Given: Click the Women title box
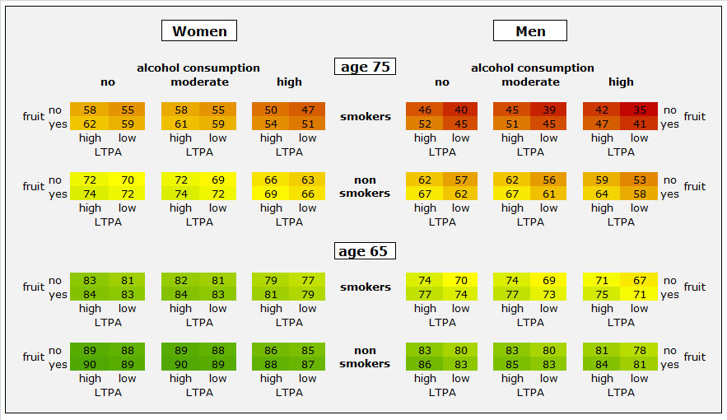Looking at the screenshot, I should (199, 31).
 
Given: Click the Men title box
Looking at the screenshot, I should (530, 31).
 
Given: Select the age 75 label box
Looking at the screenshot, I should (365, 67).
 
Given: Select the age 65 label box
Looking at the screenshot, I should (365, 251).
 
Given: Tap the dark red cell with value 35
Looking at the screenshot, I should (639, 110).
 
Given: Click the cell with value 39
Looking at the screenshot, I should (549, 110).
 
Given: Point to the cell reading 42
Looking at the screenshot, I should (602, 110).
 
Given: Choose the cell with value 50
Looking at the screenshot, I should (271, 110).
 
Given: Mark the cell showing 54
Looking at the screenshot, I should (271, 124).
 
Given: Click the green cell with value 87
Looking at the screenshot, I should (308, 365).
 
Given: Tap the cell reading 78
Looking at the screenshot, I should (639, 350).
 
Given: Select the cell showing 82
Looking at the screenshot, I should (180, 280).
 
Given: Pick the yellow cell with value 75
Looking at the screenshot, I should (602, 295).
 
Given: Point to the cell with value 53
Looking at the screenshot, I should (639, 180).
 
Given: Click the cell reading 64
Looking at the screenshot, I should (602, 194).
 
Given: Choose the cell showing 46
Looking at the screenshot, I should (425, 110).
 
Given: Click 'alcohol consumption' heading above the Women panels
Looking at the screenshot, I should (198, 68).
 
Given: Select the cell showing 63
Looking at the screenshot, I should (308, 180).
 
